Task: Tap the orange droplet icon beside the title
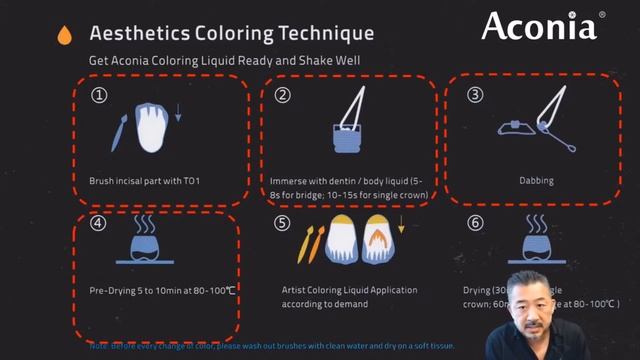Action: coord(65,34)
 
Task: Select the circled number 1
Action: coord(98,96)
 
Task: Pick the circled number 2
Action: coord(283,96)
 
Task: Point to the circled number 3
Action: coord(475,96)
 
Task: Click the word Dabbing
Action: coord(536,182)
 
